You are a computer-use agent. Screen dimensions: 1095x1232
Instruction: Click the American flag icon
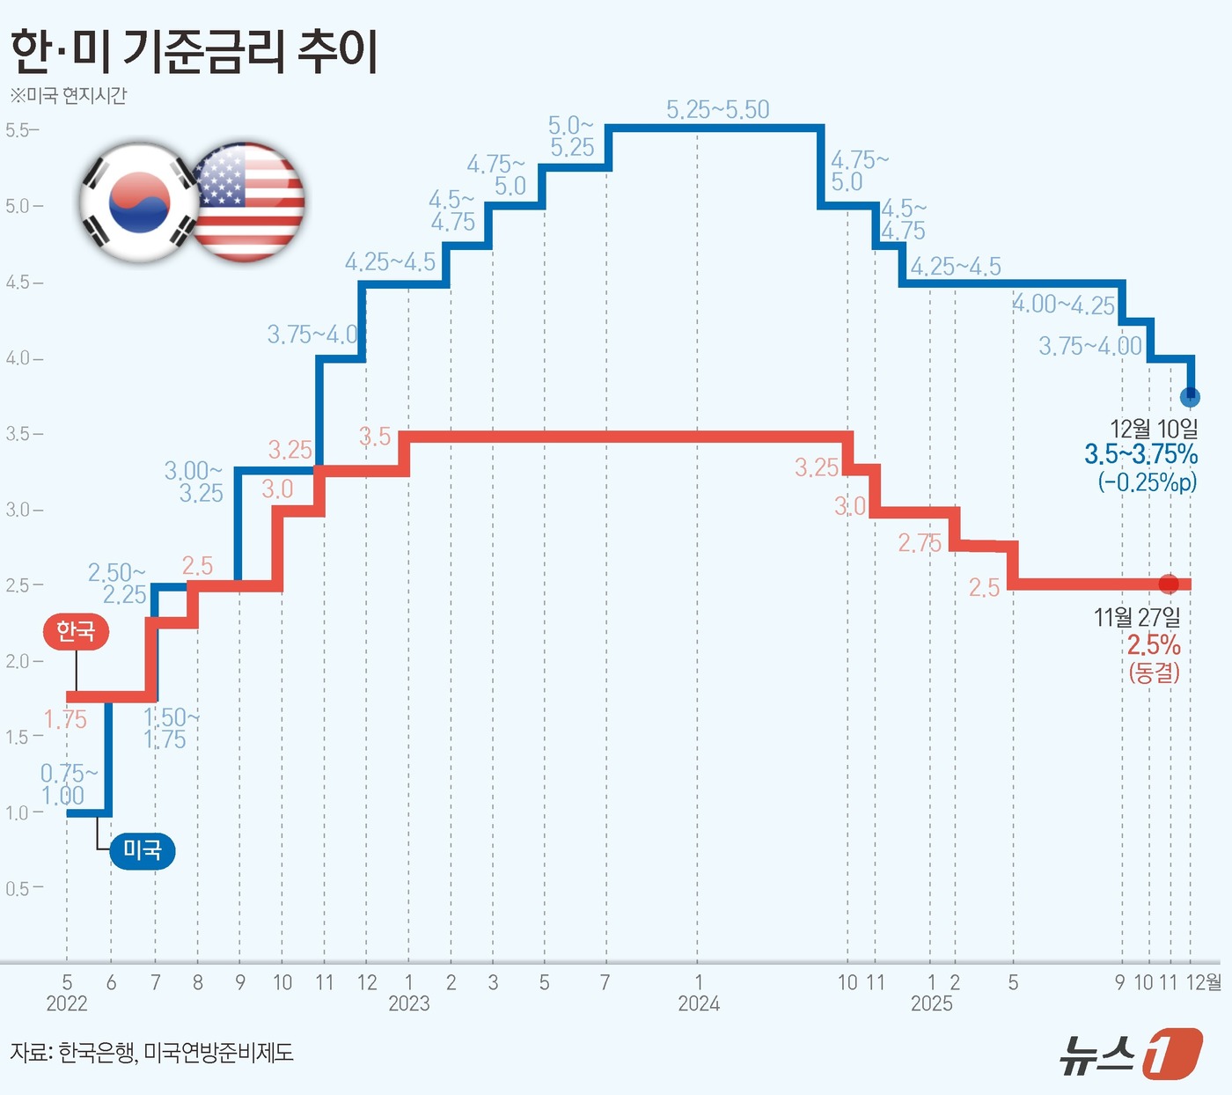(248, 202)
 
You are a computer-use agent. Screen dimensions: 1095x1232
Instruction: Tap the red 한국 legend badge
(76, 631)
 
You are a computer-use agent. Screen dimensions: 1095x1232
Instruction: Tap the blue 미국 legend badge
(142, 850)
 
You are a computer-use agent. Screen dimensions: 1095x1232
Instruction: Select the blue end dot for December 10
(1190, 397)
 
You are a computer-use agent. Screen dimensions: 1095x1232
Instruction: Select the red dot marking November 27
(1169, 584)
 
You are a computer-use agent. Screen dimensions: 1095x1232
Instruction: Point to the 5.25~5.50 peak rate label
(717, 110)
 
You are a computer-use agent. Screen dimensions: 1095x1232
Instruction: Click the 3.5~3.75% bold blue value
(1140, 454)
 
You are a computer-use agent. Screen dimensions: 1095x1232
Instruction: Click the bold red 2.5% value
(1154, 645)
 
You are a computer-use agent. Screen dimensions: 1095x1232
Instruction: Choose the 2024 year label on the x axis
(699, 1003)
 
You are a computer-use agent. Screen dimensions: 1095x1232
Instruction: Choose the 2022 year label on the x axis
(67, 1003)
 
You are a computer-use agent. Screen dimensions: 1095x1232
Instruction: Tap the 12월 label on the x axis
(1203, 982)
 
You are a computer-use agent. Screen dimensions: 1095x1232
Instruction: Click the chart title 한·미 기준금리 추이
(194, 51)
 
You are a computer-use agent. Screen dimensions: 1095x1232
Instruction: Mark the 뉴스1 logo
(1130, 1052)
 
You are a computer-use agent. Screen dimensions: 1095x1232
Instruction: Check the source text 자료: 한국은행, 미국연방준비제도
(151, 1052)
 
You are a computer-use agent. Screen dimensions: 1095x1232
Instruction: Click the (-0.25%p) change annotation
(1147, 482)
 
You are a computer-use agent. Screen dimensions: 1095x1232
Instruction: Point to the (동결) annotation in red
(1154, 673)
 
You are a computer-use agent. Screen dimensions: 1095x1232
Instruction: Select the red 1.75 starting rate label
(65, 720)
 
